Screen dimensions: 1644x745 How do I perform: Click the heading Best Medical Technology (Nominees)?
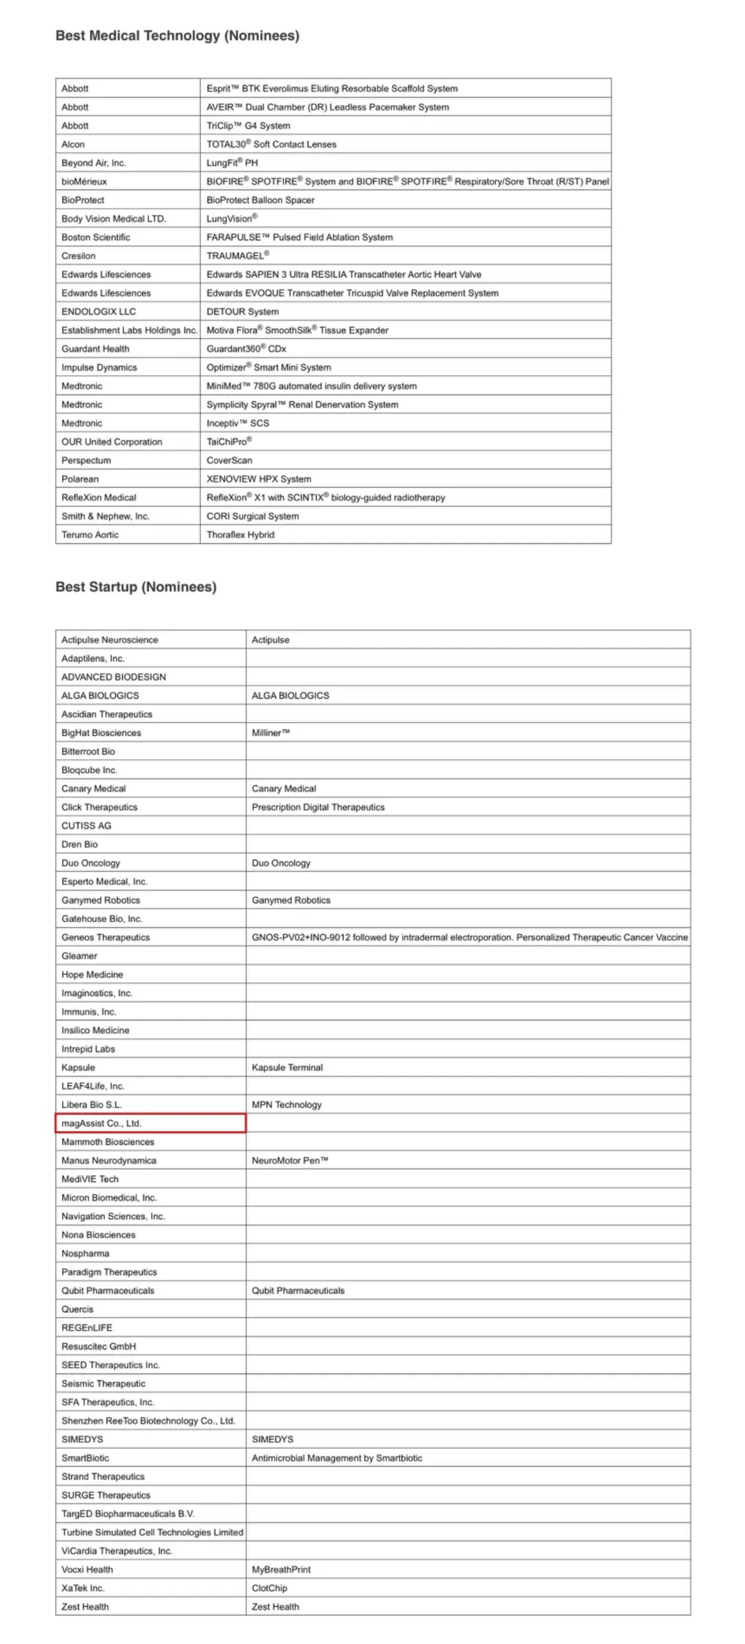pyautogui.click(x=177, y=36)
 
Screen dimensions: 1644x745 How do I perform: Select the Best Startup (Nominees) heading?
pyautogui.click(x=136, y=587)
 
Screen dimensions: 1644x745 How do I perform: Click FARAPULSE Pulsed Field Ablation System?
pyautogui.click(x=299, y=237)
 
